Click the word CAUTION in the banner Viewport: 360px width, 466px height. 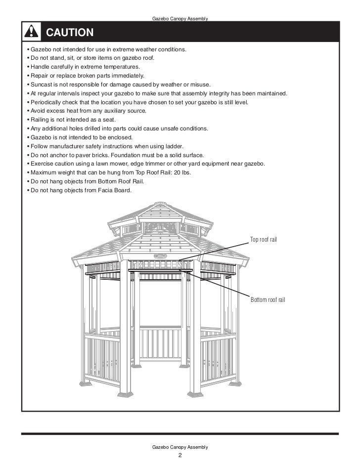tap(70, 33)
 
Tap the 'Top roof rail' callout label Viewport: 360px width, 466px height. tap(264, 239)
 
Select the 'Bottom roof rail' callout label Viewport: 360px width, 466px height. tap(269, 299)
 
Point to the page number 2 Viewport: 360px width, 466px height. tap(180, 455)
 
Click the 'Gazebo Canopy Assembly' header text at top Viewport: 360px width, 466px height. tap(180, 19)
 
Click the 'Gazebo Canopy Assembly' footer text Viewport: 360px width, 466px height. tap(180, 447)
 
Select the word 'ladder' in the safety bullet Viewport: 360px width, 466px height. tap(174, 146)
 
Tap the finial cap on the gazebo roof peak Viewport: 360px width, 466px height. tap(161, 205)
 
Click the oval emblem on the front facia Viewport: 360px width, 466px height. tap(161, 256)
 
